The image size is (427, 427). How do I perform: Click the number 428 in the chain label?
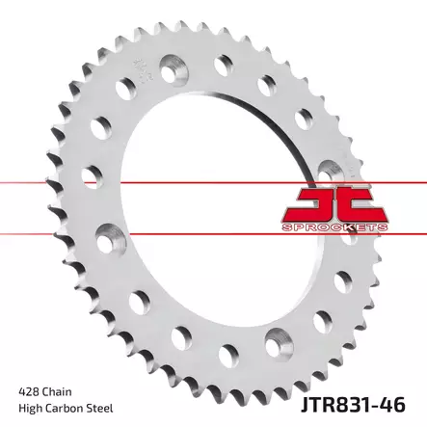pos(29,392)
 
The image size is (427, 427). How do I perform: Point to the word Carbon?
pos(65,409)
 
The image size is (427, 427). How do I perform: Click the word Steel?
pos(100,409)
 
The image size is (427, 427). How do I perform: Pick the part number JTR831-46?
pos(353,405)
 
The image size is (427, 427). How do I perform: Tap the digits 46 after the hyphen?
pos(394,405)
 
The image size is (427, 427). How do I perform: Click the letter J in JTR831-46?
pos(305,405)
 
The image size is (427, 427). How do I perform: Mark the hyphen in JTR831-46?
pos(379,407)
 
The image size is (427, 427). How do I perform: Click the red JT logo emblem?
pos(334,204)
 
